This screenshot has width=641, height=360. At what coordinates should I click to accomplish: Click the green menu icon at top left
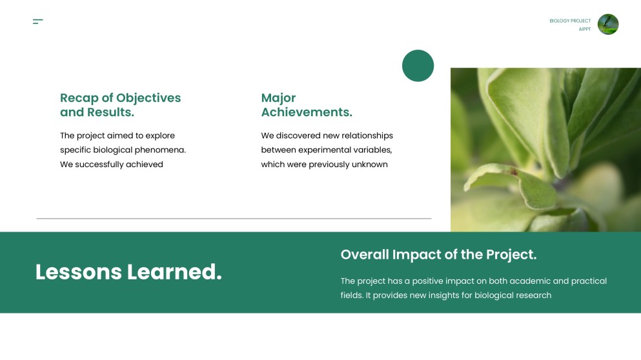pyautogui.click(x=37, y=22)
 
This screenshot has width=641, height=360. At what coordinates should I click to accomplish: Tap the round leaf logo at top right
pyautogui.click(x=607, y=25)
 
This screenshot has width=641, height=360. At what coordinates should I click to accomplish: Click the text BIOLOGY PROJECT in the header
pyautogui.click(x=570, y=21)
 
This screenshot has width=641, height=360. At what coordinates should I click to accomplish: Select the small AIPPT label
pyautogui.click(x=584, y=29)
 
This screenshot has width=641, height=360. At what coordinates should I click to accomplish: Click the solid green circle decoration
pyautogui.click(x=418, y=66)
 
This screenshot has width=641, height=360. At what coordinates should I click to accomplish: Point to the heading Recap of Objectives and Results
pyautogui.click(x=120, y=105)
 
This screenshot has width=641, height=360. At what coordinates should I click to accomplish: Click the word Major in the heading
pyautogui.click(x=278, y=98)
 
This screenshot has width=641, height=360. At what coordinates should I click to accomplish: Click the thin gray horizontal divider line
pyautogui.click(x=234, y=219)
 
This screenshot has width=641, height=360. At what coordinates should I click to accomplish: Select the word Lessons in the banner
pyautogui.click(x=78, y=272)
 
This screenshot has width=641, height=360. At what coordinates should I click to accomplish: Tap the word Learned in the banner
pyautogui.click(x=174, y=272)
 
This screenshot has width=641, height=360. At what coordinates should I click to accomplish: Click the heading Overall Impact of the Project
pyautogui.click(x=438, y=255)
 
